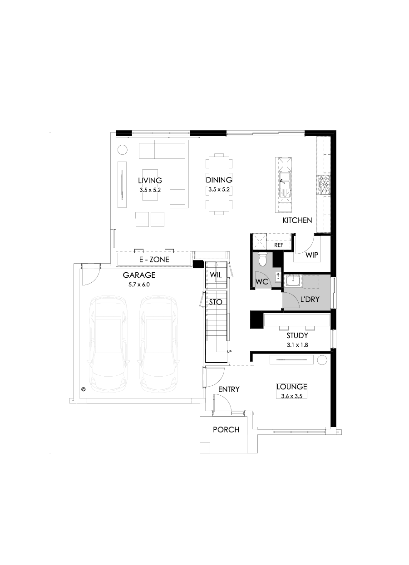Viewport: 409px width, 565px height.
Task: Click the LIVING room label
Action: pyautogui.click(x=150, y=180)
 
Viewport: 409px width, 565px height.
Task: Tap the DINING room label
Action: pyautogui.click(x=219, y=180)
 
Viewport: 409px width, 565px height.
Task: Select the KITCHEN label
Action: pyautogui.click(x=297, y=221)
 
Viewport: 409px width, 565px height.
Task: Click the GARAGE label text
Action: pyautogui.click(x=139, y=275)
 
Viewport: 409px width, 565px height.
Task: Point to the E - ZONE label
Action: pyautogui.click(x=154, y=260)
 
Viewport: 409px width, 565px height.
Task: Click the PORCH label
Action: pyautogui.click(x=226, y=429)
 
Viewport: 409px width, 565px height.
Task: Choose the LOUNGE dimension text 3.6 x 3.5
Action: pyautogui.click(x=292, y=396)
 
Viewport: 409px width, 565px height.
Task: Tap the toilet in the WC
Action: pyautogui.click(x=262, y=260)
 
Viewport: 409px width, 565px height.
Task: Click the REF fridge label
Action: pyautogui.click(x=279, y=245)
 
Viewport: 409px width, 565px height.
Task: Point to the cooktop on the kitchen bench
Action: pyautogui.click(x=325, y=185)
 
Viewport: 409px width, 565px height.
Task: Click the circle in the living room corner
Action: pyautogui.click(x=123, y=149)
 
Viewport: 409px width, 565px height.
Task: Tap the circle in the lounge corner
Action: pyautogui.click(x=322, y=360)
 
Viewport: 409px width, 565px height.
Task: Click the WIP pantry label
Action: pyautogui.click(x=311, y=255)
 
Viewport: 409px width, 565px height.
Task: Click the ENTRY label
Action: pyautogui.click(x=229, y=389)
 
